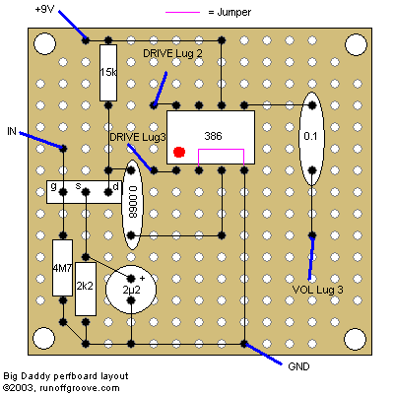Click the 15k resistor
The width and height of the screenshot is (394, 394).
[108, 73]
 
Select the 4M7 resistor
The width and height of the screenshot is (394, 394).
[62, 268]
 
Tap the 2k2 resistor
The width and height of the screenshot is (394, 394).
[86, 289]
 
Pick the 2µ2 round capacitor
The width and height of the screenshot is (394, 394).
[131, 290]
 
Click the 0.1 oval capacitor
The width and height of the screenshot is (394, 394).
[311, 139]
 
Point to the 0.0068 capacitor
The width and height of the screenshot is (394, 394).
[132, 204]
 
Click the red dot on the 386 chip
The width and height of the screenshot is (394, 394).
[179, 152]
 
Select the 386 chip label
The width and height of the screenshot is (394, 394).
[213, 136]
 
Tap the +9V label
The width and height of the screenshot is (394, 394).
[44, 9]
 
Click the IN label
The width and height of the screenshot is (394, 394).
[12, 131]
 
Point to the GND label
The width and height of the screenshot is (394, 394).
[298, 366]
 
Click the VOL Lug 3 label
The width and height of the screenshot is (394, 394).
[317, 290]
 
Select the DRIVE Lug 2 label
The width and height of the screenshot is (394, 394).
[172, 53]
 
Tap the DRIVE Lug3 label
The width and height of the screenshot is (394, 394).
[138, 137]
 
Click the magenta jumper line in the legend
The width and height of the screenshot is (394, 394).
[182, 13]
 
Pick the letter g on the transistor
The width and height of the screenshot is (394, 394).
[53, 186]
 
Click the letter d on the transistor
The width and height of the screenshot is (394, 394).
[115, 186]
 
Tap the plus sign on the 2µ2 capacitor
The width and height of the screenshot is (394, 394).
[142, 279]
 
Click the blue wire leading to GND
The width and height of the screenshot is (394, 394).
[263, 354]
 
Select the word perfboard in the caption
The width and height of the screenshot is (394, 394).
[76, 376]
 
